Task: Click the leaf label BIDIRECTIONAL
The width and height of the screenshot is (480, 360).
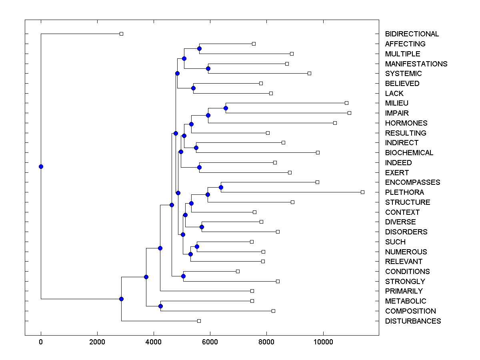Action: pos(412,34)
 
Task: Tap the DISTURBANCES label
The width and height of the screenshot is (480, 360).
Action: pos(413,321)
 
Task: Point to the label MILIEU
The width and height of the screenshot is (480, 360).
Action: pos(396,103)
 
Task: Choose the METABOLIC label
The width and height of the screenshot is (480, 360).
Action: pos(406,301)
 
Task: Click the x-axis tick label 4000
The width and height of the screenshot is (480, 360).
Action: pos(154,341)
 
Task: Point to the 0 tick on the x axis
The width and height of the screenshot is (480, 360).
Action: pos(41,341)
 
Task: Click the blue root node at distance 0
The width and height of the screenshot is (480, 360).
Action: pos(41,167)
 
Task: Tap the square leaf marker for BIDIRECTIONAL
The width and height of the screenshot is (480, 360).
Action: pos(122,34)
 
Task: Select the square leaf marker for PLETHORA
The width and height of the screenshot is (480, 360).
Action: pos(362,192)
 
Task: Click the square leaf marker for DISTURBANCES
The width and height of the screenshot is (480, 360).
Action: pos(199,321)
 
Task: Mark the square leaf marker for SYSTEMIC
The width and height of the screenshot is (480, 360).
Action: pos(309,74)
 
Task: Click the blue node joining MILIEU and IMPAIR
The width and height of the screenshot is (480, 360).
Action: pos(226,108)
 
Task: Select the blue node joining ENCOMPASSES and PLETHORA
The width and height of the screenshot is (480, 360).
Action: pos(221,187)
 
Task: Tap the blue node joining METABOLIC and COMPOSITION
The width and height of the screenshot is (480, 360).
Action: pos(160,306)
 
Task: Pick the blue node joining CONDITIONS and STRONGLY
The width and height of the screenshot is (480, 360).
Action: pos(183,276)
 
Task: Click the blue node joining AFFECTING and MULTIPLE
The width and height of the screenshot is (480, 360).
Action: pos(199,49)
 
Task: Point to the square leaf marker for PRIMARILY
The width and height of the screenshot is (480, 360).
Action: pos(252,291)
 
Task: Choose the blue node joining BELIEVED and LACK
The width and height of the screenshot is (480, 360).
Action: pos(193,88)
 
